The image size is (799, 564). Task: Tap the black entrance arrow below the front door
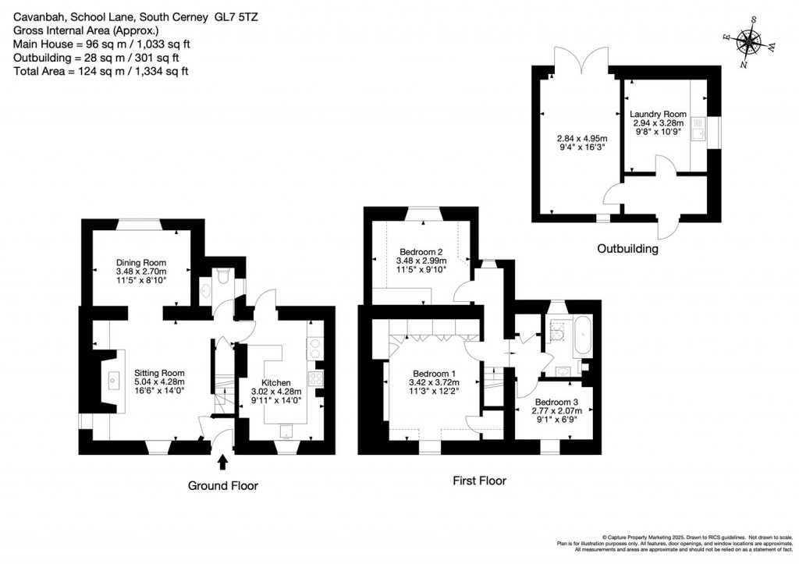(x=222, y=463)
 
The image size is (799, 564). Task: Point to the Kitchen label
(x=276, y=383)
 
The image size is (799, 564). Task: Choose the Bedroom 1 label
(x=434, y=373)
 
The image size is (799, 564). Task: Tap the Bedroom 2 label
(x=421, y=251)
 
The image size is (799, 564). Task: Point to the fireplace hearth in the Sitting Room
(x=114, y=381)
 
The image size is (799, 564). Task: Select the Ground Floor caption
(x=222, y=485)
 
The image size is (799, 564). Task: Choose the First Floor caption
(x=479, y=481)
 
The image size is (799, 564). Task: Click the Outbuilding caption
(x=627, y=250)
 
